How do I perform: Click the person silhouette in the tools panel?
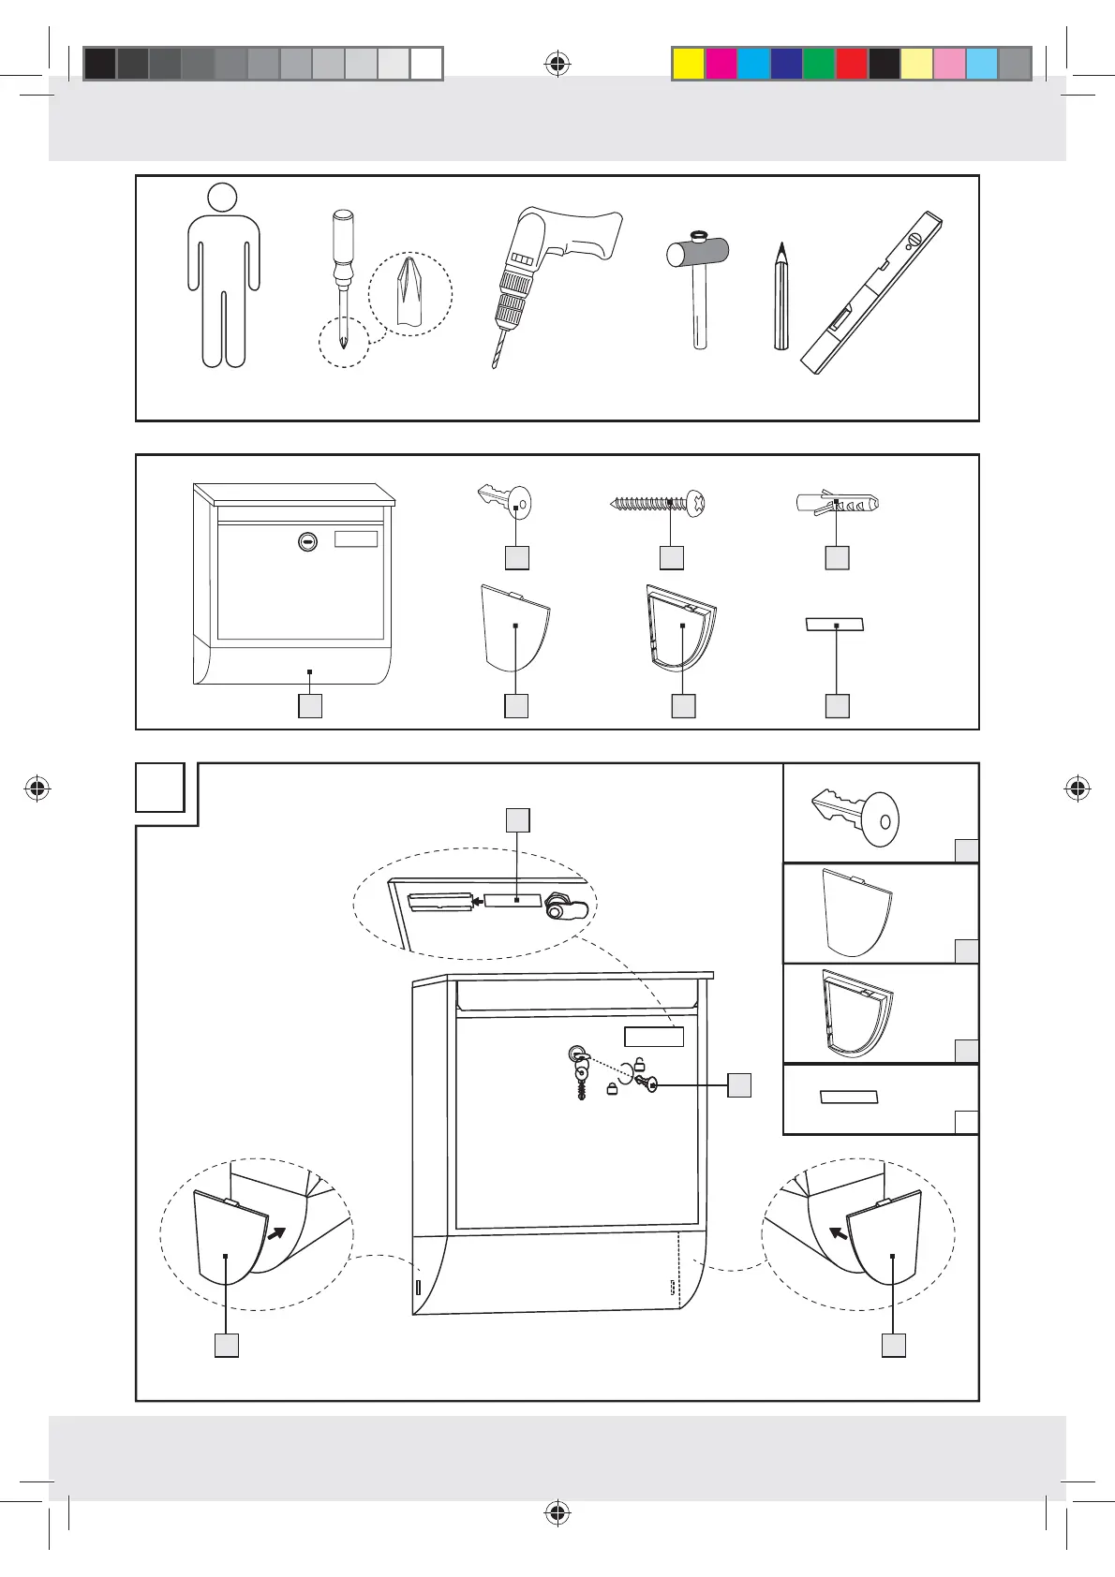(x=223, y=276)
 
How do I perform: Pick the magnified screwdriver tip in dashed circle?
(x=410, y=294)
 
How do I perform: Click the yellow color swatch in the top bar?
(x=689, y=64)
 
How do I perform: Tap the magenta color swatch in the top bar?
(x=721, y=64)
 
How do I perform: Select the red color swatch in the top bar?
(x=851, y=64)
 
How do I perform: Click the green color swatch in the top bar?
(x=818, y=64)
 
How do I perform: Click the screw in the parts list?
(x=657, y=503)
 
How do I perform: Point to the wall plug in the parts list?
(x=836, y=503)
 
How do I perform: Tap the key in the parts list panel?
(x=506, y=502)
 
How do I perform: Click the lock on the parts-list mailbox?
(x=306, y=540)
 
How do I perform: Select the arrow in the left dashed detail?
(x=278, y=1234)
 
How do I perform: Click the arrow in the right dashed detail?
(x=839, y=1234)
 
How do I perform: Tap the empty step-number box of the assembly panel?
(x=159, y=788)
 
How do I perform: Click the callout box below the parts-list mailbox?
(x=310, y=705)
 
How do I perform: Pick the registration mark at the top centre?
(x=557, y=64)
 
